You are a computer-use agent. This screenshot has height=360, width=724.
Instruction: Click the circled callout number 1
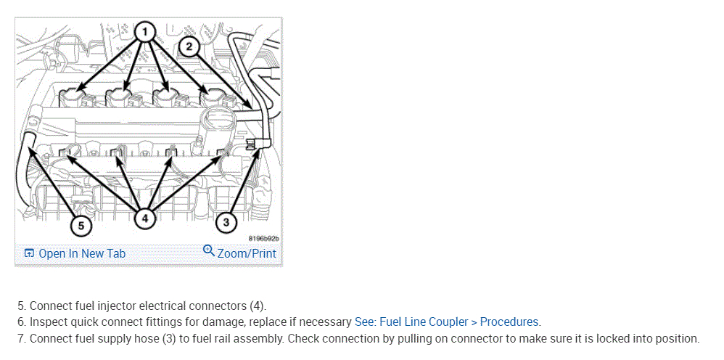[145, 31]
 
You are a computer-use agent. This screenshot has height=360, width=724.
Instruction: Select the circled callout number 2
[189, 47]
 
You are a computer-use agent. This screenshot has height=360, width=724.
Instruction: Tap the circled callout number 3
[226, 222]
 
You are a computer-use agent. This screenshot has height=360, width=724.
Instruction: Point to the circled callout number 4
[145, 216]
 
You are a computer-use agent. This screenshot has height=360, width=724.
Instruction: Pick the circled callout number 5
[81, 226]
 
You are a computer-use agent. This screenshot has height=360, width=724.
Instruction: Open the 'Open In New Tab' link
[82, 253]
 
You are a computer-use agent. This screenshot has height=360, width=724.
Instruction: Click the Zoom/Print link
[247, 253]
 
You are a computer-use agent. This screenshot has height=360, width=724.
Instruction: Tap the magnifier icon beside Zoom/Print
[209, 252]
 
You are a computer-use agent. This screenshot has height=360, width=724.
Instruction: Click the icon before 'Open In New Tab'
[29, 253]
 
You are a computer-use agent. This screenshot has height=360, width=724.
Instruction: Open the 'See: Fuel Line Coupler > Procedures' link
[447, 322]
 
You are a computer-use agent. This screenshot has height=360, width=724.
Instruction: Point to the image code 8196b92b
[263, 238]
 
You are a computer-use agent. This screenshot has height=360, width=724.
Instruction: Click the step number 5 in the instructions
[21, 306]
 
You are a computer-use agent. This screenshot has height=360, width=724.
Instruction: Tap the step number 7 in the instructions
[21, 338]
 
